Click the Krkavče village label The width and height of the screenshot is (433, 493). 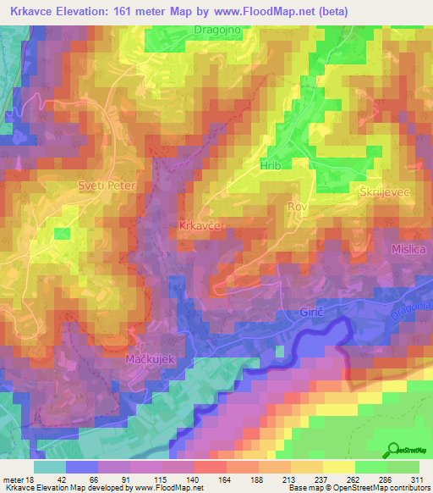[x=200, y=226]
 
